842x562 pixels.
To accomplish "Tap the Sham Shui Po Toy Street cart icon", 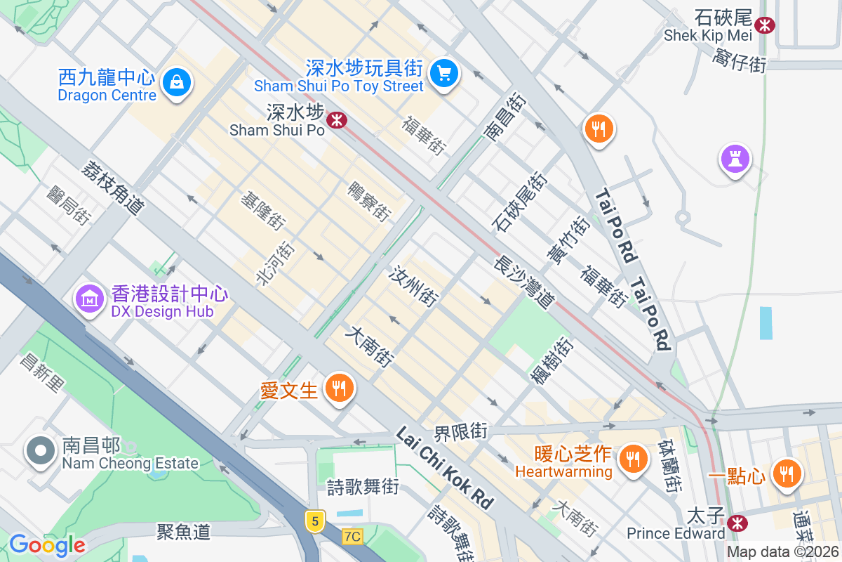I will coord(443,72).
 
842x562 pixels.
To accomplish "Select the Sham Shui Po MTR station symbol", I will coord(337,120).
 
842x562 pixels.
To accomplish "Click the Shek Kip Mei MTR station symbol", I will coord(765,26).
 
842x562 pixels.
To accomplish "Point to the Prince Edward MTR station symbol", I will coord(737,523).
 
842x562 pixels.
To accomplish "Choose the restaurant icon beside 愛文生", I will coord(339,387).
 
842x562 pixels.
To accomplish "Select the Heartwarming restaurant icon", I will coord(633,459).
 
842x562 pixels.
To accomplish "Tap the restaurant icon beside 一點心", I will coord(787,474).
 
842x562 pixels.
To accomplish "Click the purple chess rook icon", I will coord(735,159).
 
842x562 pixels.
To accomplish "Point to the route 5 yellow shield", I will coord(316,521).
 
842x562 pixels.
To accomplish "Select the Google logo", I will coord(47,545).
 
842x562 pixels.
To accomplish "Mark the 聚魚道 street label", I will coord(184,532).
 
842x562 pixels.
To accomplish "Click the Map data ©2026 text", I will coord(782,552).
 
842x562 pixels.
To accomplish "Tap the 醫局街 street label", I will coord(69,205).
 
